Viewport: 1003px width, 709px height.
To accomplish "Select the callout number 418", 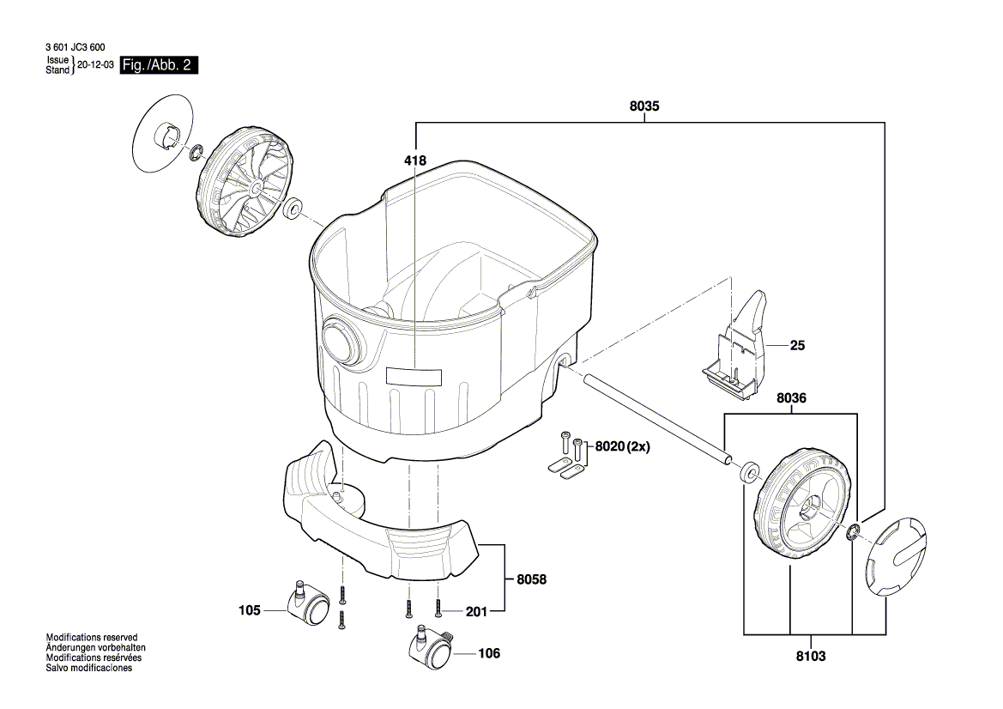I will coord(415,161).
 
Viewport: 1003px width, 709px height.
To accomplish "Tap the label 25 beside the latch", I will coord(799,346).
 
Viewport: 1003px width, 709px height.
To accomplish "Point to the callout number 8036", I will coord(791,398).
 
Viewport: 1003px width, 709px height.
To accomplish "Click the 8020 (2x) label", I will coord(627,446).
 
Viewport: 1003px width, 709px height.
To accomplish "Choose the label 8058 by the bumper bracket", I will coord(531,579).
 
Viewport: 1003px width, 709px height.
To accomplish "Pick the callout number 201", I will coord(475,611).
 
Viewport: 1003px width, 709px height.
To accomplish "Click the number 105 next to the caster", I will coord(250,611).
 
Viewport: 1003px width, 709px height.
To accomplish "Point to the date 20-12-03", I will coord(94,65).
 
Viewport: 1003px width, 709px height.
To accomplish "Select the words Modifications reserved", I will coord(91,638).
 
